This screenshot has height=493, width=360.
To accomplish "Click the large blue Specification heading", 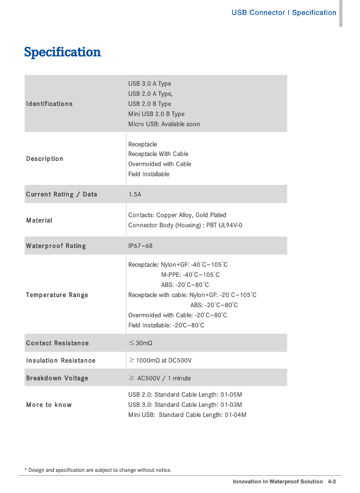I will pos(63,52).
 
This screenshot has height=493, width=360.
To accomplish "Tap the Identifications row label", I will pos(49,104).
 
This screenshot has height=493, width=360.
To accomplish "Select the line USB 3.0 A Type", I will pos(150,84).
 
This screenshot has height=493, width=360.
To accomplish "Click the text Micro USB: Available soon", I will pos(164,124).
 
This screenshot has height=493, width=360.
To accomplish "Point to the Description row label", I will pos(44,159).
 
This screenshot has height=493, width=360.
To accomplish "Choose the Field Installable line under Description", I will pos(149,174).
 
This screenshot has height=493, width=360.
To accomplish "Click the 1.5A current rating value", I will pos(135,195).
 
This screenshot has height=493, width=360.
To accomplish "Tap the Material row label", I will pos(39,221).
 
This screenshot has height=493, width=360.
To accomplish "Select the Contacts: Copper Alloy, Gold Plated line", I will pos(177,215).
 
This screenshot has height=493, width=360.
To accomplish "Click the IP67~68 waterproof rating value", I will pos(140,246).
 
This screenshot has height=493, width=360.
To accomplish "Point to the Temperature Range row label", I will pos(57,295).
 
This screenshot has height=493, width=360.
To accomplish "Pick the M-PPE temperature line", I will pos(190,275).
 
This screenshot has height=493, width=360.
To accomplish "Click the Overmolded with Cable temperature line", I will pos(178,315).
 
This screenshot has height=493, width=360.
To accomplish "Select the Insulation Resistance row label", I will pos(61,361).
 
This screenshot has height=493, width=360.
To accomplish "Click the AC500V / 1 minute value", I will pos(164,378).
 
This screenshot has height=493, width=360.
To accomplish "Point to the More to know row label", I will pos(49,405).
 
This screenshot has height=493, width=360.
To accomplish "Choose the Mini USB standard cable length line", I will pos(187,415).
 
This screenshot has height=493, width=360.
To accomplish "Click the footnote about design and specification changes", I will pos(98,470).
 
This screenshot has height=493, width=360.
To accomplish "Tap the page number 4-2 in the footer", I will pos(332,482).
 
